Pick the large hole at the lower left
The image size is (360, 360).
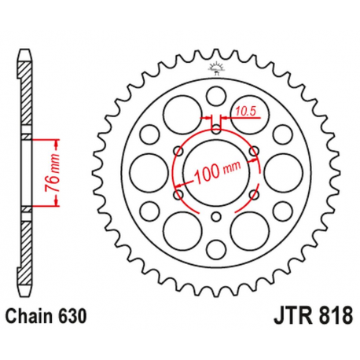[180, 229]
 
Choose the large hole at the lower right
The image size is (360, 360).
[249, 229]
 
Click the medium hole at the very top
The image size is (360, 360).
[215, 97]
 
